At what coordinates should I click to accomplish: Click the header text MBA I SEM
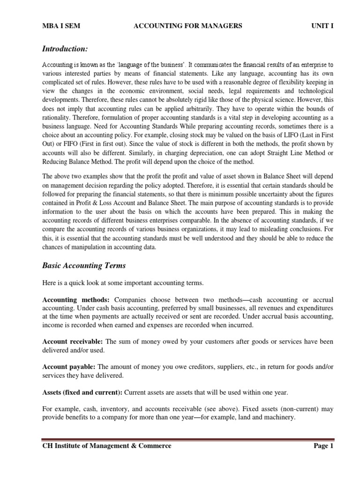[x=61, y=26]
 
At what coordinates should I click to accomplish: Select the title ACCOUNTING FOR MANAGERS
[x=188, y=26]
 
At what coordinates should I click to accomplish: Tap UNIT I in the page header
[x=322, y=26]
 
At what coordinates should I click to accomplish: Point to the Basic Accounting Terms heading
[x=84, y=266]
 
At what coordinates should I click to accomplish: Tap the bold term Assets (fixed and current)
[x=82, y=392]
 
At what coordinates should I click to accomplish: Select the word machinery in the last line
[x=278, y=417]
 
